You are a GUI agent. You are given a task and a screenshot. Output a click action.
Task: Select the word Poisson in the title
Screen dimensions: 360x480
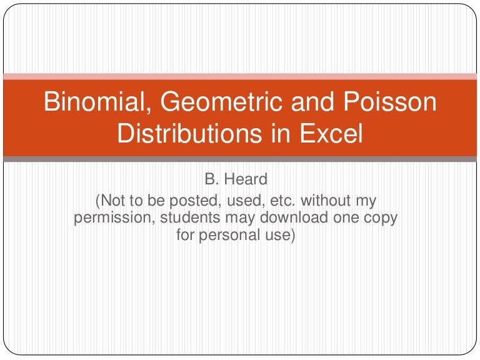coord(392,102)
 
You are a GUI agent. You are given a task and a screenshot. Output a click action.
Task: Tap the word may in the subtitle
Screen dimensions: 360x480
coord(247,219)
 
